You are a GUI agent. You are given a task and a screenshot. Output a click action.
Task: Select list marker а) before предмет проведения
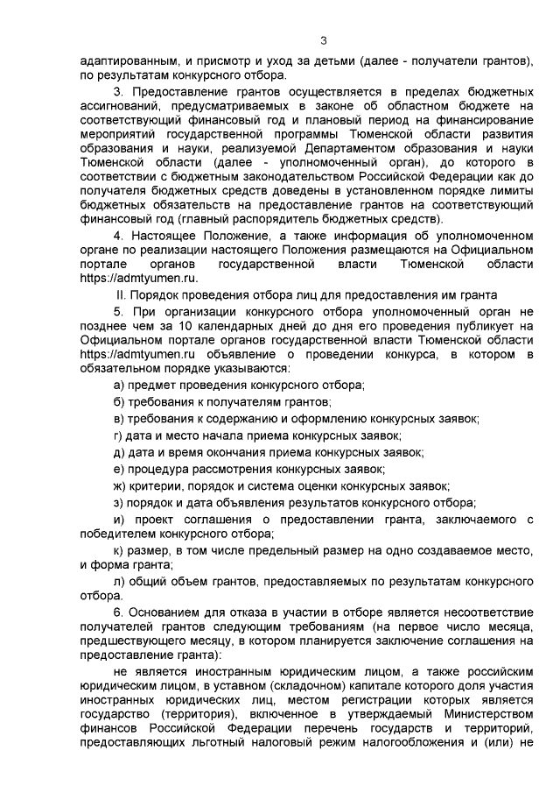121,386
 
